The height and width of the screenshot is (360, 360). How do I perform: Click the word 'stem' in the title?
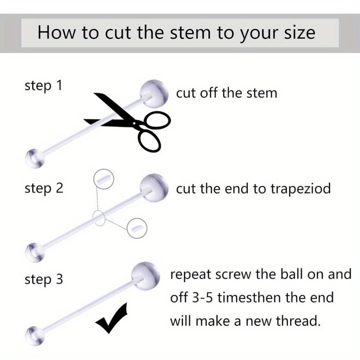click(x=190, y=33)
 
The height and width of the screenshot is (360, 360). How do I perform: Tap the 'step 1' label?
click(x=43, y=86)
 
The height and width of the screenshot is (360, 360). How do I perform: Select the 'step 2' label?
click(x=44, y=189)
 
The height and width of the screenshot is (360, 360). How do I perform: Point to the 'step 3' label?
click(x=44, y=280)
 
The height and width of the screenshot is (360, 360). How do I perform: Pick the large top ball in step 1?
click(x=154, y=94)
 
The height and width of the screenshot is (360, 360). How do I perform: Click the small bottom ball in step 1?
click(x=35, y=159)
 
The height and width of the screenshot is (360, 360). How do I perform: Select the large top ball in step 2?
click(x=154, y=188)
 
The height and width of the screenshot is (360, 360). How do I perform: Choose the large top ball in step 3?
click(x=145, y=276)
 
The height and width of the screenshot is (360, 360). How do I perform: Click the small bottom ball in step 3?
click(x=35, y=336)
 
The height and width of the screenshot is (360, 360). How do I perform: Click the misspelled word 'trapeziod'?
click(x=300, y=189)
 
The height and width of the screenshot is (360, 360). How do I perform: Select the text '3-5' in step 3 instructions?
click(x=202, y=297)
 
